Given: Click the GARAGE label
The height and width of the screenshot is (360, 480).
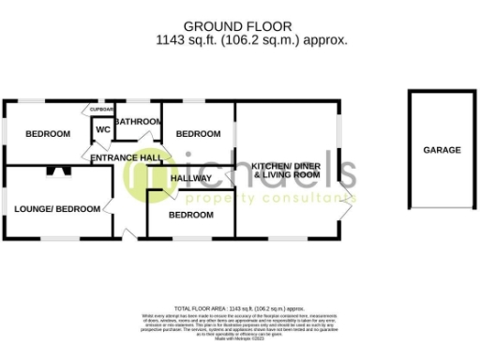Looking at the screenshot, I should click(x=442, y=150).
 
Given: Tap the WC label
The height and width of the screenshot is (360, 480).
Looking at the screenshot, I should click(x=102, y=130).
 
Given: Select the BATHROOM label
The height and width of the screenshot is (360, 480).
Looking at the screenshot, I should click(x=139, y=121).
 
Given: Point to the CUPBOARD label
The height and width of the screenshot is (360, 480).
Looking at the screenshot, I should click(x=102, y=110).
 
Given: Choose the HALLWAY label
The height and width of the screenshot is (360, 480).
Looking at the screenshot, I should click(x=191, y=178).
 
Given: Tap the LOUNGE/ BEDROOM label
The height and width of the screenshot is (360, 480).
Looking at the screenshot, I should click(x=56, y=207).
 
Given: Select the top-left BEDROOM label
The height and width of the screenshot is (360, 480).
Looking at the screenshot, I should click(x=47, y=134).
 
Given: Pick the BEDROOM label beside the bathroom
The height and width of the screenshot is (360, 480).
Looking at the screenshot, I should click(x=199, y=134).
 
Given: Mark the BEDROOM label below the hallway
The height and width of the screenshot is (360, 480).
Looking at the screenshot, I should click(x=190, y=215).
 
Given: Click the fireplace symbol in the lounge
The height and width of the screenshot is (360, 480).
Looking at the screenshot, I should click(x=59, y=172).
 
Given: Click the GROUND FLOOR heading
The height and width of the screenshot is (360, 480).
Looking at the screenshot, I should click(x=250, y=26).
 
